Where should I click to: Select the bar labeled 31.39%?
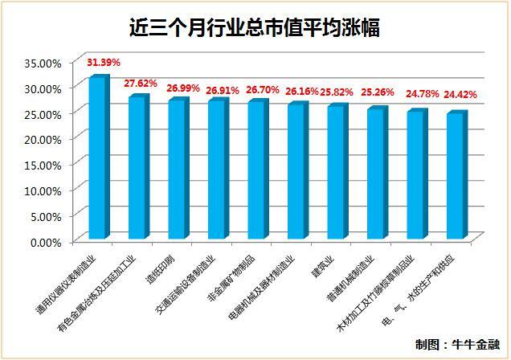[x=98, y=157]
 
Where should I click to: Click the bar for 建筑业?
[x=336, y=172]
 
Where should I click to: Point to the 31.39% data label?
[x=103, y=63]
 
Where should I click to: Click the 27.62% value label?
[x=141, y=84]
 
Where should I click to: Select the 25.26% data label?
[x=382, y=91]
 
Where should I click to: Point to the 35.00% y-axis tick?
[x=43, y=62]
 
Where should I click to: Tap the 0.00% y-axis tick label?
[x=47, y=241]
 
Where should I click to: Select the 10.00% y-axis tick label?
[x=43, y=190]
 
